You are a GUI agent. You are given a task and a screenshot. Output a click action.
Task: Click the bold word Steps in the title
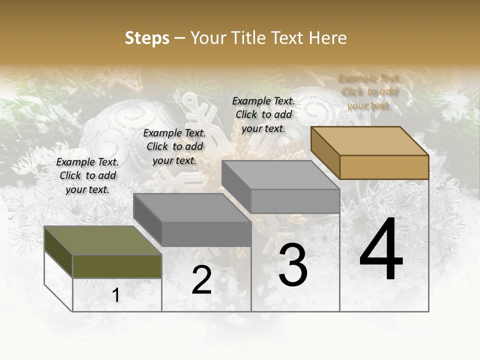pos(147,38)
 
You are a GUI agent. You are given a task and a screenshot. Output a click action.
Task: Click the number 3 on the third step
pos(292,265)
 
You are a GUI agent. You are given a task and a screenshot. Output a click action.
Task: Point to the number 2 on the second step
pos(201,280)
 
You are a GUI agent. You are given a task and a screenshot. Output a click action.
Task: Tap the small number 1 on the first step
pos(116,295)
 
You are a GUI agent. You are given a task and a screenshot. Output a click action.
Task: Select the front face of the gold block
pos(384,167)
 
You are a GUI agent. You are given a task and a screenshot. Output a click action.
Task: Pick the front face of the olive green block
pos(117,266)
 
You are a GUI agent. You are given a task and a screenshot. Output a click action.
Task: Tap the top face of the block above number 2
pos(192,208)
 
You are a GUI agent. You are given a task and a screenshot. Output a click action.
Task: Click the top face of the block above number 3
pos(280,175)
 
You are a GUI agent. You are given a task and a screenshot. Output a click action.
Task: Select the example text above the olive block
pos(87,176)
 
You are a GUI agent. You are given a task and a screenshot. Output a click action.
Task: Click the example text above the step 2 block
pos(174,147)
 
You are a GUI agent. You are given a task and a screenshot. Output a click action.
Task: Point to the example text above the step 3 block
pos(263,114)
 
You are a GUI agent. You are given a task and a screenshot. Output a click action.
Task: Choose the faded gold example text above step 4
pos(369,92)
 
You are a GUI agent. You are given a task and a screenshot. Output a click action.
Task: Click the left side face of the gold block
pos(325,152)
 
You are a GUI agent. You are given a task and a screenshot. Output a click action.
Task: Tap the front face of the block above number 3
pos(295,201)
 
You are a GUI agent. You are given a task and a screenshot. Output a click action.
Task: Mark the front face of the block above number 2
pos(206,234)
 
